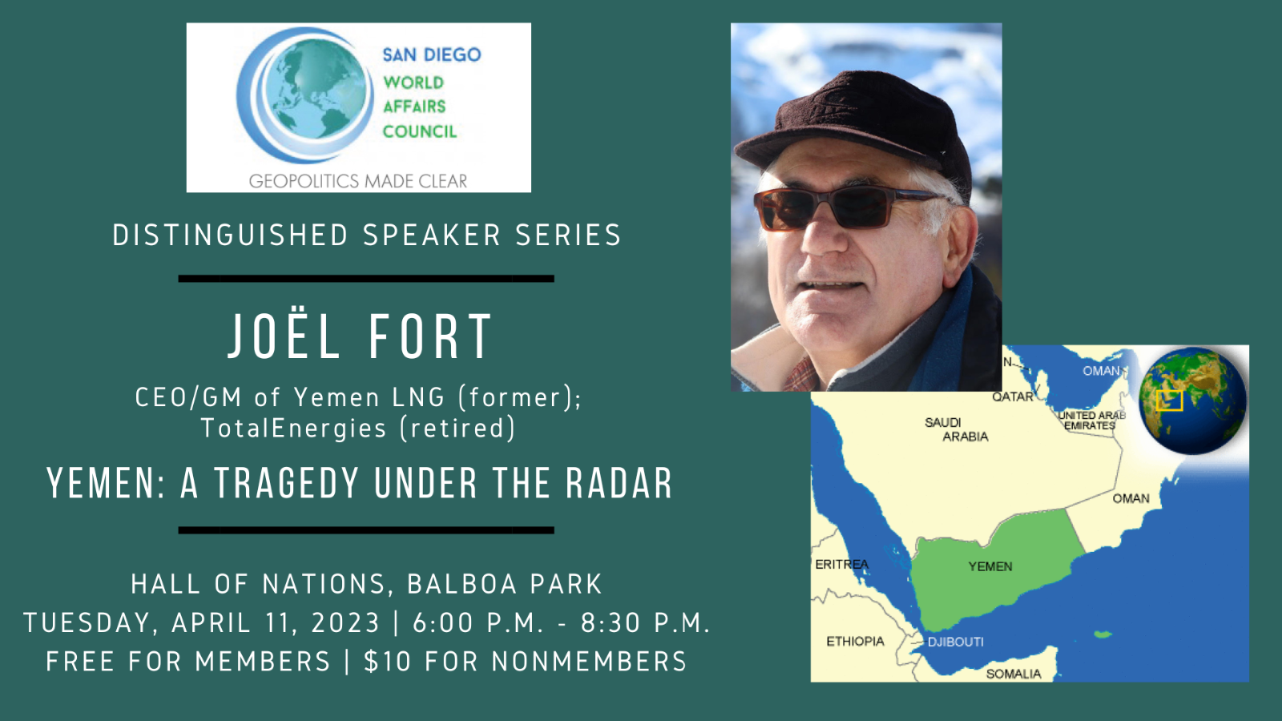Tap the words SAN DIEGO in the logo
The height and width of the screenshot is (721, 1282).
pos(432,55)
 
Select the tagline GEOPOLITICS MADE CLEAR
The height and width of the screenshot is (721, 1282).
pos(358,181)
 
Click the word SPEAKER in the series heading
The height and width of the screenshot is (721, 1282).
pos(432,236)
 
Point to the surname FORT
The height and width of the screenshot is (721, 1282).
pos(429,337)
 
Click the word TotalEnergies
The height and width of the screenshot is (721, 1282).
pos(293,429)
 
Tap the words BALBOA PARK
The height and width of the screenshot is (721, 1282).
pos(504,584)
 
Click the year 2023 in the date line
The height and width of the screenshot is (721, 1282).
pos(345,622)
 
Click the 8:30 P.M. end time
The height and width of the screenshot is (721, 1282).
pos(645,622)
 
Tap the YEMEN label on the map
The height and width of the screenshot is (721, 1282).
pos(990,566)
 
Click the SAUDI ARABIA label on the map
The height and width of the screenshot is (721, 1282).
pos(957,429)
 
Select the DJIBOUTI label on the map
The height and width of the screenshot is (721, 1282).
pos(956,642)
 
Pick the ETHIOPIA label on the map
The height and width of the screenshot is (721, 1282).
pos(855,642)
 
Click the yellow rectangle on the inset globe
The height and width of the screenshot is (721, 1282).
pos(1169,401)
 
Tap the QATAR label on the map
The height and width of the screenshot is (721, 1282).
pos(1013,397)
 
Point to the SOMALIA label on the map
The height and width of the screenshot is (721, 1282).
pos(1013,674)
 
